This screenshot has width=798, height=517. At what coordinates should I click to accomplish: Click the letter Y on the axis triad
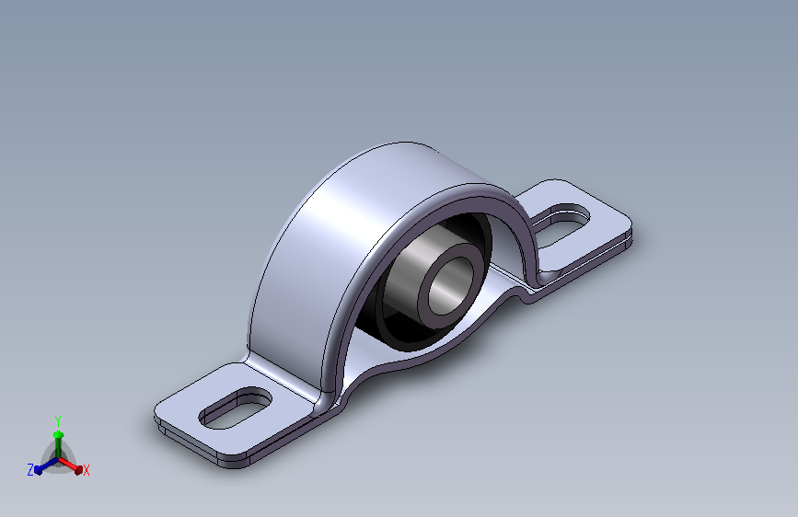click(x=57, y=419)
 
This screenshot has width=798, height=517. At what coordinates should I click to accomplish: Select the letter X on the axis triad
click(x=87, y=471)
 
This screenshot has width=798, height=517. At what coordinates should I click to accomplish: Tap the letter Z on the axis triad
click(x=30, y=470)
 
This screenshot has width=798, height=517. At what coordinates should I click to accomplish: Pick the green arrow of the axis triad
click(x=58, y=437)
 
